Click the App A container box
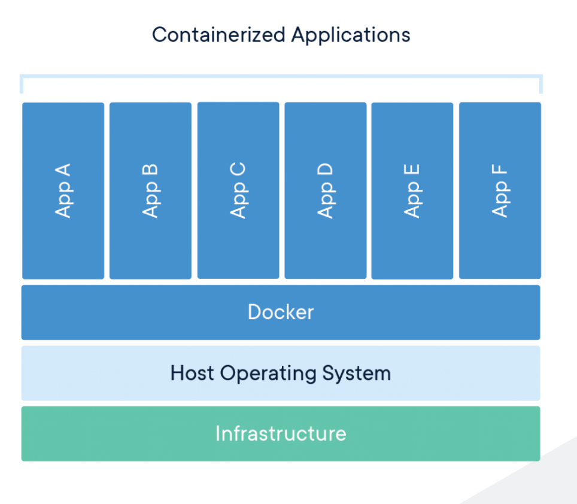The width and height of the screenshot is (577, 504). coord(63,190)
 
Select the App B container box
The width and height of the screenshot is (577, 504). coord(150,190)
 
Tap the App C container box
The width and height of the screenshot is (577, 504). coord(238,190)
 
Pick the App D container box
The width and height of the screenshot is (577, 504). coord(325,190)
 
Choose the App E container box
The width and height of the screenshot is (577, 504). coord(412,190)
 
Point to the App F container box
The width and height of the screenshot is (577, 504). coord(500,190)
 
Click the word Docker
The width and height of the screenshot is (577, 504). coord(280,312)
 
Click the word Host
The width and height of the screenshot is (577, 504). coord(192,373)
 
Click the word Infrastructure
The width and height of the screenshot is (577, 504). coord(280,433)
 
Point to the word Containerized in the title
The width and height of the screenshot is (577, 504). coord(218,34)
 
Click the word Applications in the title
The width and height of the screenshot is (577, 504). coord(351,35)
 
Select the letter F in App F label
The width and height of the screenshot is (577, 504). coord(500,169)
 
